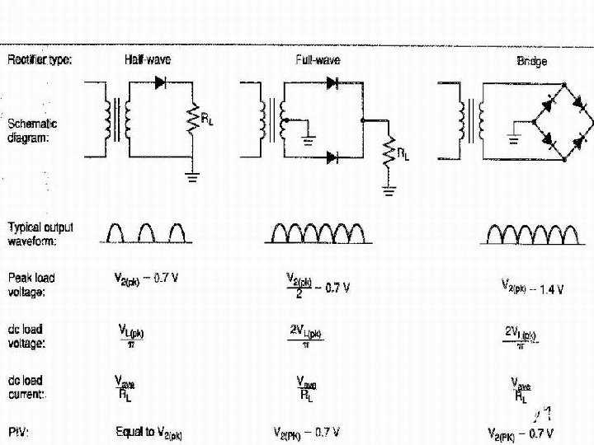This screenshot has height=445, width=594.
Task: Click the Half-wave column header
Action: pyautogui.click(x=148, y=60)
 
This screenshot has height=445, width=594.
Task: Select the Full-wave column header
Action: pyautogui.click(x=317, y=60)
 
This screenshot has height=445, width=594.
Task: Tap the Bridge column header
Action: pyautogui.click(x=531, y=62)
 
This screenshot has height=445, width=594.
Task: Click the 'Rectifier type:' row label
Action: pyautogui.click(x=40, y=59)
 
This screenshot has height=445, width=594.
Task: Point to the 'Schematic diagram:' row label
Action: pyautogui.click(x=32, y=131)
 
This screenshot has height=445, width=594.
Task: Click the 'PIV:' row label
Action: pyautogui.click(x=19, y=432)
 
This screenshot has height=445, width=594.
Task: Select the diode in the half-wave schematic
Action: pyautogui.click(x=161, y=82)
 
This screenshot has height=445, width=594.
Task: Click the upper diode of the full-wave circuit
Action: pyautogui.click(x=333, y=82)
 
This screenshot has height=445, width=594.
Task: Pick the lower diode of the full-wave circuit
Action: pyautogui.click(x=333, y=157)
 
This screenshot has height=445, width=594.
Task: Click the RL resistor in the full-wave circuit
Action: pyautogui.click(x=389, y=152)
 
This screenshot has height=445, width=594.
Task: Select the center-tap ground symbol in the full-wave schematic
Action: pyautogui.click(x=309, y=138)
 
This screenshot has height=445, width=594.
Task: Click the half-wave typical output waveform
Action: pyautogui.click(x=147, y=233)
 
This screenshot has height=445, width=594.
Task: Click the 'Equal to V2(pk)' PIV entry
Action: pyautogui.click(x=148, y=432)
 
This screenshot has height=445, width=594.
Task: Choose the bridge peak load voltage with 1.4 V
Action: pyautogui.click(x=532, y=288)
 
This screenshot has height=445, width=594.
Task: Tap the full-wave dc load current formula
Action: pyautogui.click(x=306, y=389)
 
